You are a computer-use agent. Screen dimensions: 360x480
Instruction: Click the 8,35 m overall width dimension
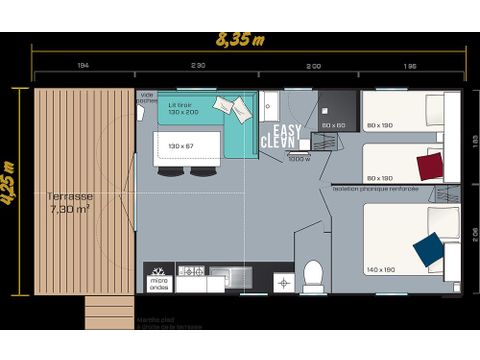coord(241,39)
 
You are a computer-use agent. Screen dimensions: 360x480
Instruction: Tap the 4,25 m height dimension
coord(9,182)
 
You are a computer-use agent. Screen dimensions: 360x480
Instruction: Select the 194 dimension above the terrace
coord(82,65)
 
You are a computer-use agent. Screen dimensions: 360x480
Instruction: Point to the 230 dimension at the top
coord(198,65)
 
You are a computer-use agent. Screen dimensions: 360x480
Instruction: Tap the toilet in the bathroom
coord(313,274)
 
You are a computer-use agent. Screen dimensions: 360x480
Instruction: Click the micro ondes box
coord(159,281)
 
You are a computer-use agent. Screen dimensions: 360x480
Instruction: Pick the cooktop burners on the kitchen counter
coord(191,271)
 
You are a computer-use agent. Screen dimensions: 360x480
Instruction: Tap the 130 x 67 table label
coord(181,146)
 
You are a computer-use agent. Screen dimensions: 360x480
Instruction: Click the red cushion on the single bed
coord(430,165)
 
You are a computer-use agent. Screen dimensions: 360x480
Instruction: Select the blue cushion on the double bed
coord(429,249)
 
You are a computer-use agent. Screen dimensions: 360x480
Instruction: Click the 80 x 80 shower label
coord(333,124)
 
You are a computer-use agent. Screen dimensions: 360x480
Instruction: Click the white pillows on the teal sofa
coord(235,106)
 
